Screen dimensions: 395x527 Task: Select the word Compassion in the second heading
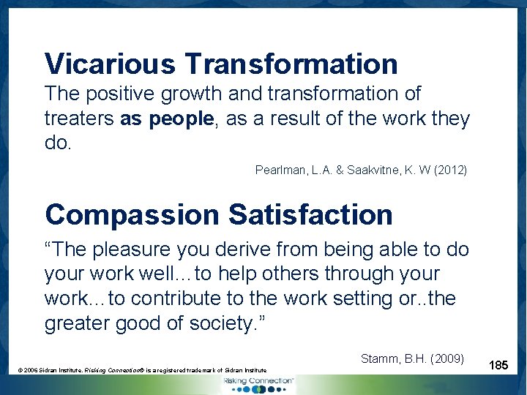pos(131,215)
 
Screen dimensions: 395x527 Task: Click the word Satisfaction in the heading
pos(310,215)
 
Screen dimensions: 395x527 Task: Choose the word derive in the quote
pos(250,249)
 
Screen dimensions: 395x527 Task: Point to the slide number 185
pos(499,364)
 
